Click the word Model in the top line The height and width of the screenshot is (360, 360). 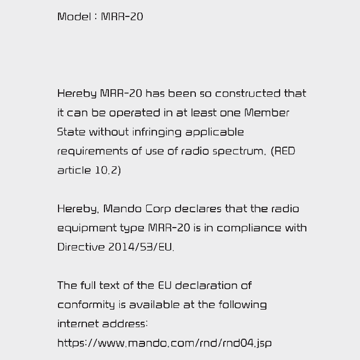pos(74,16)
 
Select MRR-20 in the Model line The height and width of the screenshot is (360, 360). pos(122,16)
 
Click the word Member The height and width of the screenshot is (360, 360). pos(266,113)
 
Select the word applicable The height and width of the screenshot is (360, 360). pos(214,132)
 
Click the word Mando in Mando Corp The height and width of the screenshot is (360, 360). pos(123,209)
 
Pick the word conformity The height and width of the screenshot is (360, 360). pos(86,305)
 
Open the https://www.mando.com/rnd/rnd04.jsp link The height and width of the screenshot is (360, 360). pos(164,344)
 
